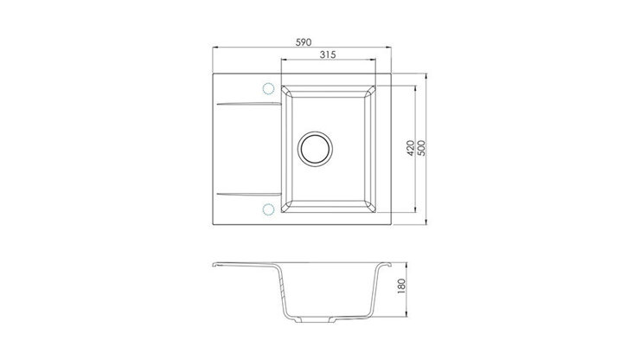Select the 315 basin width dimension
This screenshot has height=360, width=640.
pos(327,55)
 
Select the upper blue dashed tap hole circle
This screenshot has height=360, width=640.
pos(268,88)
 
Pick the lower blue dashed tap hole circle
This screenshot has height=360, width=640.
pos(268,209)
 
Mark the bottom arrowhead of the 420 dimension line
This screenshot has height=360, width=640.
pos(418,214)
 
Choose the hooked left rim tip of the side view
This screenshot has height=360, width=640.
pos(214,266)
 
